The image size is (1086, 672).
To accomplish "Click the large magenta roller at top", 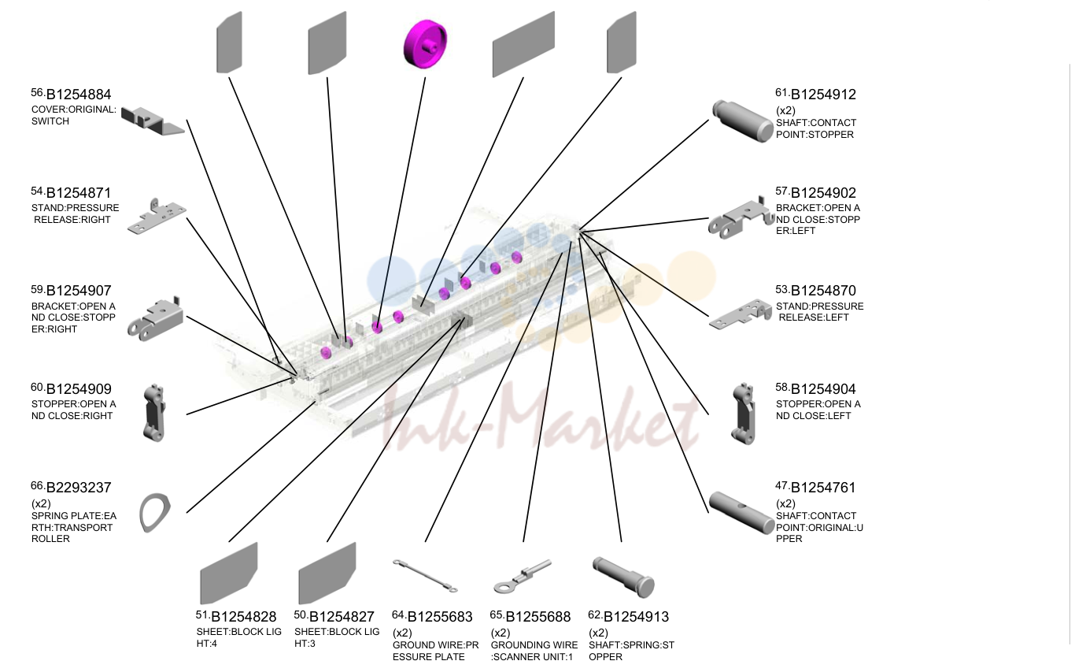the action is (425, 44).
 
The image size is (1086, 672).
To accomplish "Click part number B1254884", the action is (79, 95).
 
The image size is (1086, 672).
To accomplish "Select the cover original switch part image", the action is (152, 121).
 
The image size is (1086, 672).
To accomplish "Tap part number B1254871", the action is (79, 193).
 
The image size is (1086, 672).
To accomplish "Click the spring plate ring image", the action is (155, 512).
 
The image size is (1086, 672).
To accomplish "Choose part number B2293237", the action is (79, 487).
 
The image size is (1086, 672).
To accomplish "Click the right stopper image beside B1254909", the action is (155, 413).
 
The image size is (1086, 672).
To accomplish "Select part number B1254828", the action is (243, 617).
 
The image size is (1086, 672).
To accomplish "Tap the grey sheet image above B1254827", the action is (327, 573).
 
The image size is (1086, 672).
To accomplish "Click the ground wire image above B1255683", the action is (425, 576).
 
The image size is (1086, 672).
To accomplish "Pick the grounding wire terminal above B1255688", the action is (523, 577).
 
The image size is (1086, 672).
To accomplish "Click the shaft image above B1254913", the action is (623, 577).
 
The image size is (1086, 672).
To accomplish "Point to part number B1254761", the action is (823, 488).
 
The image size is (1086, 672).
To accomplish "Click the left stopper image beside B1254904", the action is (743, 414).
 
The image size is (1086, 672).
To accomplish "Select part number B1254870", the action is (823, 291).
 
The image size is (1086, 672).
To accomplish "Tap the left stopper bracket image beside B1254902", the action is (741, 218).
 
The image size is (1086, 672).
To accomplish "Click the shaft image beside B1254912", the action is (743, 121).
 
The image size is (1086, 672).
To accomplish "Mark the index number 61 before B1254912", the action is (781, 92).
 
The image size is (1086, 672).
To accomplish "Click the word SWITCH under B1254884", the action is (50, 121).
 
